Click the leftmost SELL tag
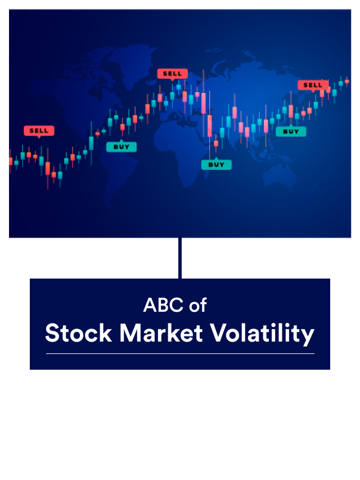pos(39,131)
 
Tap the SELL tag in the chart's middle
pos(172,74)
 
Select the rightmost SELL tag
pos(313,86)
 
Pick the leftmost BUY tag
pos(121,147)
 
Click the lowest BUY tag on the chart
pos(217,165)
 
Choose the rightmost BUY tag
pos(291,132)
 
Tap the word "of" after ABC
pos(198,305)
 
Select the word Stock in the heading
pos(78,333)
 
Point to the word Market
pos(161,333)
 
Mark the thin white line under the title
pos(180,354)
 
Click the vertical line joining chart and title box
pos(180,258)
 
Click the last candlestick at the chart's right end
pos(347,82)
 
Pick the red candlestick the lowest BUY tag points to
pos(215,143)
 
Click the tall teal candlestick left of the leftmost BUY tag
pos(91,143)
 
